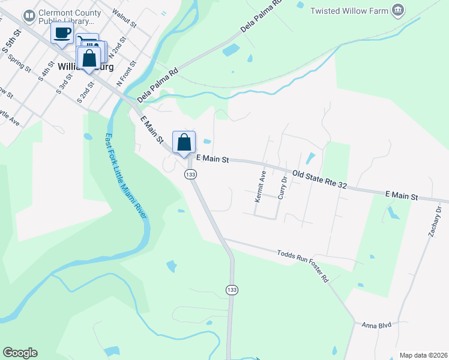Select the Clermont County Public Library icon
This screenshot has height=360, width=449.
click(x=28, y=16)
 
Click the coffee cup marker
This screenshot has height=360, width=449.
click(x=62, y=34)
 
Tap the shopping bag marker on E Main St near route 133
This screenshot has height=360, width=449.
click(x=184, y=143)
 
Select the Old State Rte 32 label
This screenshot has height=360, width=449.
click(x=319, y=179)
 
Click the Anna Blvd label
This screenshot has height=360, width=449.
click(x=376, y=325)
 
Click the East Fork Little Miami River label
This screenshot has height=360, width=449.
click(x=125, y=177)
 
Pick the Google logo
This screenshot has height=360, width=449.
click(x=20, y=353)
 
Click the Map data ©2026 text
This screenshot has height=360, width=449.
click(x=423, y=355)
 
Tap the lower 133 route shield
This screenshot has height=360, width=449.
click(x=232, y=289)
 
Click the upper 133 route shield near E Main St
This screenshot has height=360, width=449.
click(x=190, y=174)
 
